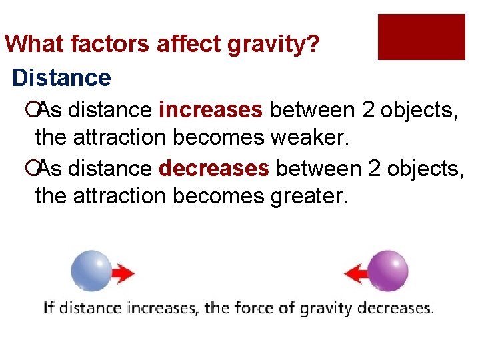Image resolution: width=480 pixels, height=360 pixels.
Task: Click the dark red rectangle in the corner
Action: [421, 37]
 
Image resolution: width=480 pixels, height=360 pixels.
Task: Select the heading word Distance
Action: [61, 78]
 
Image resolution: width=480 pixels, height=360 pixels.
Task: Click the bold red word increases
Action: [211, 109]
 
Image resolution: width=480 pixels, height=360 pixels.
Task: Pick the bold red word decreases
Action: [214, 169]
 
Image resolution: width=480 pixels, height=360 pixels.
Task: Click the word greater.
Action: [309, 197]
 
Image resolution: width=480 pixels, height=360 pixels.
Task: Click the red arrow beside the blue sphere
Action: [123, 273]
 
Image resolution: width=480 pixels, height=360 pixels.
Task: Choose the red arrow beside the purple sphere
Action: [356, 273]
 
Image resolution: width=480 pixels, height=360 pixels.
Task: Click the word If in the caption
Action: [49, 309]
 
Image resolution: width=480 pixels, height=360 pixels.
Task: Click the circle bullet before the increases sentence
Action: [41, 109]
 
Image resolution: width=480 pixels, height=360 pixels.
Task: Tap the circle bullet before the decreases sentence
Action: [41, 169]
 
